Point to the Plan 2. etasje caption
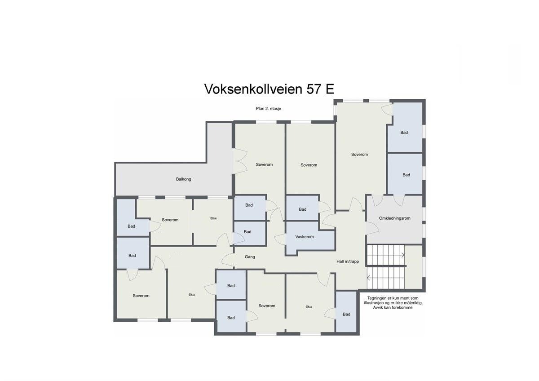pos(269,108)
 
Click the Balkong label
pos(183,179)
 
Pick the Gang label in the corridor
pos(250,257)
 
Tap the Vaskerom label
pos(304,237)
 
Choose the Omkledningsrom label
pos(395,218)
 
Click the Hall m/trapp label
pos(348,261)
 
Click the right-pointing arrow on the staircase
pos(402,255)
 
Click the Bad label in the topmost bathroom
pos(404,133)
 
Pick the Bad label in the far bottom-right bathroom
pos(346,315)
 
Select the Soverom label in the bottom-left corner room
pos(141,296)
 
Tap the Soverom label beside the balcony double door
pos(264,164)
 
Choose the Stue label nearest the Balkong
pos(213,218)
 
